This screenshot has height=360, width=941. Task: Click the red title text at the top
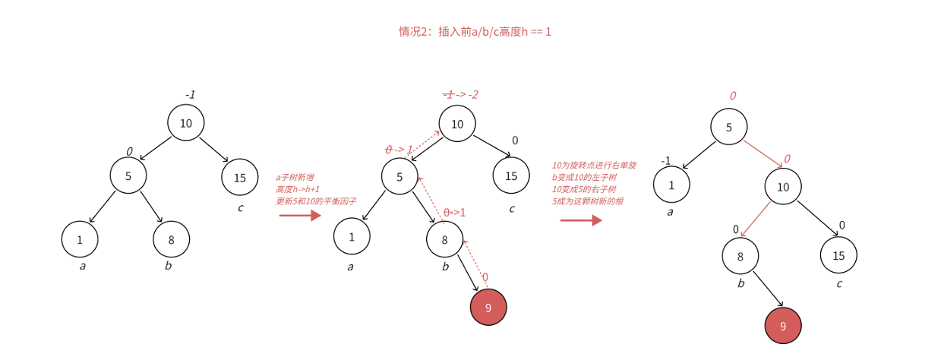coord(475,32)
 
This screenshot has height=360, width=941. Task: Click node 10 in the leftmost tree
coord(186,123)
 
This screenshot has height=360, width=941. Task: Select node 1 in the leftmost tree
coord(80,239)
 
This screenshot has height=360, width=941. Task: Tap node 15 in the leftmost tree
coord(240,178)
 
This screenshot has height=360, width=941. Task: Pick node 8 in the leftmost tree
coord(171,239)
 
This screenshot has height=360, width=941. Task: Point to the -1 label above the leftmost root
coord(191,95)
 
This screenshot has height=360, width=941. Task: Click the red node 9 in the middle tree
coord(488,308)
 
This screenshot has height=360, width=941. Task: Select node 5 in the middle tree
coord(399,176)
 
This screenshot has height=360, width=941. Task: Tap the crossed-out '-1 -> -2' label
coord(461,95)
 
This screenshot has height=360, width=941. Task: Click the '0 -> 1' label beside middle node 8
coord(454,213)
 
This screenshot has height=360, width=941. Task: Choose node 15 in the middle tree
coord(511,176)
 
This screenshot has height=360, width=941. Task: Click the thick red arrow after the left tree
coord(300,216)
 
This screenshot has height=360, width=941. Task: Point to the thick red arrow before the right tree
coord(581,220)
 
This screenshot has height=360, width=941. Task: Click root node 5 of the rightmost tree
coord(729,127)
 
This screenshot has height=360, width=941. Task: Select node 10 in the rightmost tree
coord(783,186)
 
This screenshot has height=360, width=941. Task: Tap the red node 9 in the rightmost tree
coord(783,326)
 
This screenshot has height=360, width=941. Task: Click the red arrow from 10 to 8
coord(755,220)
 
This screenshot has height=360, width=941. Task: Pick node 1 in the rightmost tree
coord(671,185)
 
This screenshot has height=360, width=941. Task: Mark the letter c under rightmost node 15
coord(839,284)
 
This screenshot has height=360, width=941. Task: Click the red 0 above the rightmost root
coord(733,96)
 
